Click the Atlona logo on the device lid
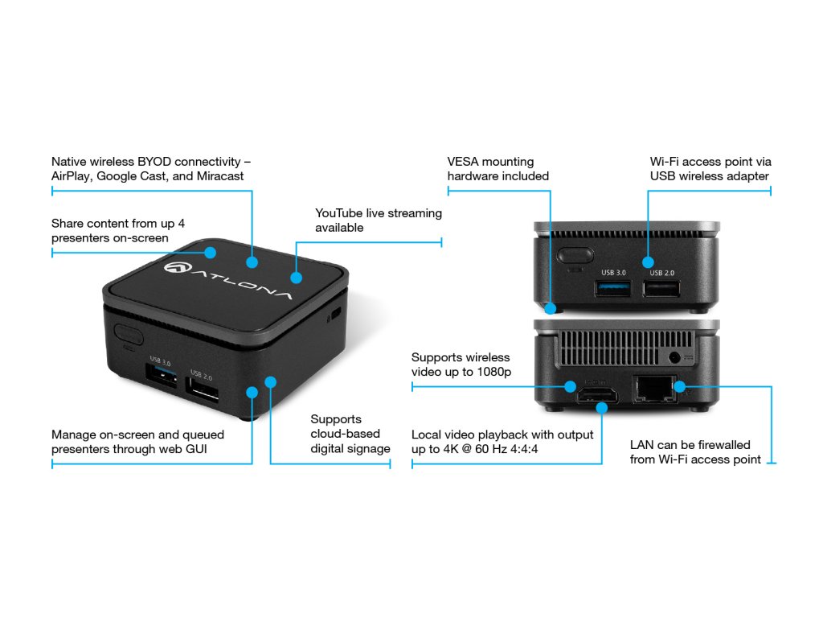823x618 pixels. (x=230, y=280)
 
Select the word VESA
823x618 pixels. (x=464, y=162)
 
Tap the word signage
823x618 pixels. (x=367, y=448)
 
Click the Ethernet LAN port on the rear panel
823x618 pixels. (x=653, y=390)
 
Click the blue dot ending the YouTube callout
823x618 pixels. (x=296, y=278)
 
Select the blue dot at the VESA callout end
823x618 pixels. (x=550, y=307)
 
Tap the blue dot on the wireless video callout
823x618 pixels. (x=570, y=387)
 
